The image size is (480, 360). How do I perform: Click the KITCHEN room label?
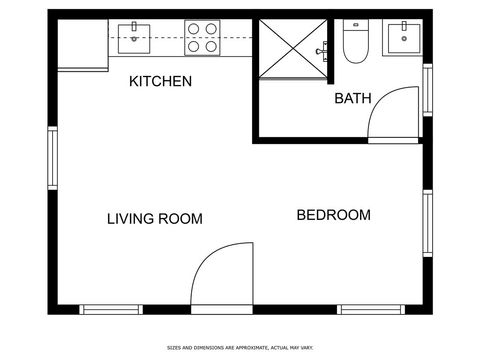pos(160,82)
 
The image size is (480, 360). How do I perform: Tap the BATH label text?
pos(352,98)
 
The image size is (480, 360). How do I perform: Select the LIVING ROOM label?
pos(155,219)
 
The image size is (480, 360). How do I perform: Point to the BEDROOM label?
pos(334,215)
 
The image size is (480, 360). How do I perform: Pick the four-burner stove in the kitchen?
pos(201,38)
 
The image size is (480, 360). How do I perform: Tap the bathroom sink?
pos(405,38)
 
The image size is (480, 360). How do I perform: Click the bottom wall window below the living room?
pos(111,309)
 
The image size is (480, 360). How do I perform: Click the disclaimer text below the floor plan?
pos(239,348)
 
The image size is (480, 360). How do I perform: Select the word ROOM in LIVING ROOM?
pos(182,219)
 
